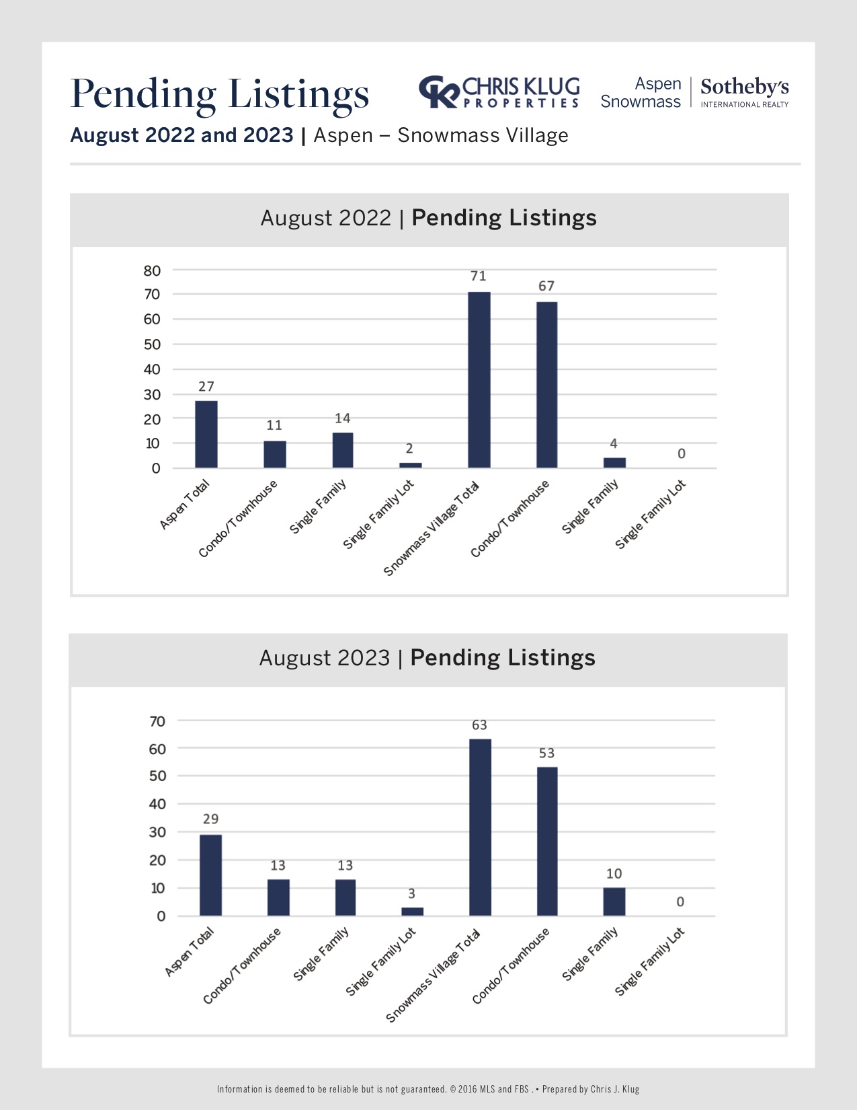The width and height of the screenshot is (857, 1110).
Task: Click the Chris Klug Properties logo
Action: point(499,92)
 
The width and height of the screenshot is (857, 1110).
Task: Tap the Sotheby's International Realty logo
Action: point(744,93)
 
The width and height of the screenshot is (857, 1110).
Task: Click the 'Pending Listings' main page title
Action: point(220,93)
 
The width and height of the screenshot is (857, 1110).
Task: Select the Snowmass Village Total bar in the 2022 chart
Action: point(479,380)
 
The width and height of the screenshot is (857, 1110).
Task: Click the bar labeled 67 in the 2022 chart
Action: point(546,385)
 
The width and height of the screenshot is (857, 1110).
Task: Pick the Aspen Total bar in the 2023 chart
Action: point(210,875)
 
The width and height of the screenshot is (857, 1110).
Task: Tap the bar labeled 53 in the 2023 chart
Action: point(547,841)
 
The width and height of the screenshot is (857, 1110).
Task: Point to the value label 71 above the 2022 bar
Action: point(478,276)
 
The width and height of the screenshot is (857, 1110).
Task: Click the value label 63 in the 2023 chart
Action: point(479,725)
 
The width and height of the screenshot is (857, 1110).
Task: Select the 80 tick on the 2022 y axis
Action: point(153,270)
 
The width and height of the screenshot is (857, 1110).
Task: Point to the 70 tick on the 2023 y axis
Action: point(157,721)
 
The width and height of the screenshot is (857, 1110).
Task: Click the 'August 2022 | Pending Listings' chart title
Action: point(428,218)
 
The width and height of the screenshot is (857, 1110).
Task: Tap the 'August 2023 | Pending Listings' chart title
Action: point(427,657)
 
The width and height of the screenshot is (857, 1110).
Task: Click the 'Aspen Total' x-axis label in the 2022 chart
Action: point(185,505)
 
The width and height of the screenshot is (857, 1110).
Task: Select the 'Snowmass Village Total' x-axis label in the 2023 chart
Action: point(434,975)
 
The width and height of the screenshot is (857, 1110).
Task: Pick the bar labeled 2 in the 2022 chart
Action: point(410,465)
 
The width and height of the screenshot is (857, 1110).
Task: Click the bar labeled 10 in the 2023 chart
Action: point(614,901)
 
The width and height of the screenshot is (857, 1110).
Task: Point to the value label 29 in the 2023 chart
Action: point(210,819)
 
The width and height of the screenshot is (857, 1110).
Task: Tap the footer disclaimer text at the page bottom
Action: point(427,1089)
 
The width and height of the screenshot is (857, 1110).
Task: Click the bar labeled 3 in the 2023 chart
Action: point(412,912)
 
